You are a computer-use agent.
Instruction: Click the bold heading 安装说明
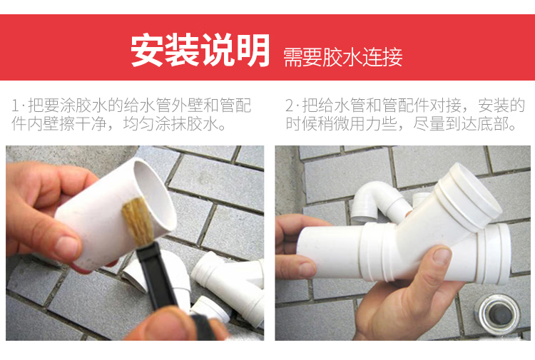coord(200,50)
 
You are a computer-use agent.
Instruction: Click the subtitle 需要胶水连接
coord(343,57)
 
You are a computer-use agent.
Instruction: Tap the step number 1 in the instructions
coord(15,106)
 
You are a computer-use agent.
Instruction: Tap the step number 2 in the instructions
coord(290,106)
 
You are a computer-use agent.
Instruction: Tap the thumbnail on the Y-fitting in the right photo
coord(442,256)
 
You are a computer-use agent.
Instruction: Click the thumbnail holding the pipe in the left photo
coord(66,247)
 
